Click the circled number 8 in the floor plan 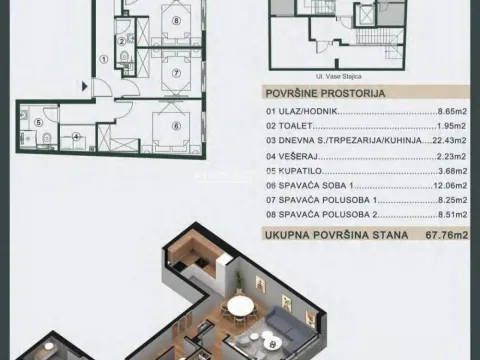(177, 21)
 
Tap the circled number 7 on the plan (176, 73)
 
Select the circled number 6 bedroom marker (176, 125)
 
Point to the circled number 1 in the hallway (103, 58)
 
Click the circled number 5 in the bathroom (39, 125)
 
